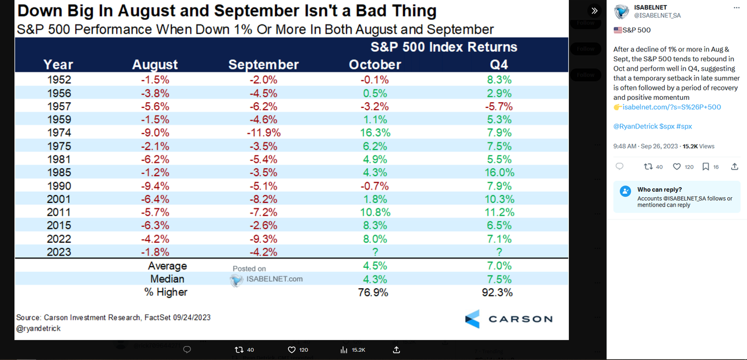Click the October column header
375,65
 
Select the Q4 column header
498,65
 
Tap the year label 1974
59,132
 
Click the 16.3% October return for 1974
375,132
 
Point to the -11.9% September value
263,132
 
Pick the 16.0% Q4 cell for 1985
498,173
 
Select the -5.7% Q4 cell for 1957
498,106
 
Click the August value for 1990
155,186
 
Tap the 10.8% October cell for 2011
375,212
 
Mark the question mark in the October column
375,252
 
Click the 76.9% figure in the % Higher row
373,292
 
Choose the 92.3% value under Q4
498,292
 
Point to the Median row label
168,279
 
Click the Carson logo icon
472,319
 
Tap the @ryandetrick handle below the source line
39,328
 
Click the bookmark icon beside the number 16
706,167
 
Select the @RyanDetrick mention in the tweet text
635,126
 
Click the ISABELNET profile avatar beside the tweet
622,11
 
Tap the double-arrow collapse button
594,11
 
